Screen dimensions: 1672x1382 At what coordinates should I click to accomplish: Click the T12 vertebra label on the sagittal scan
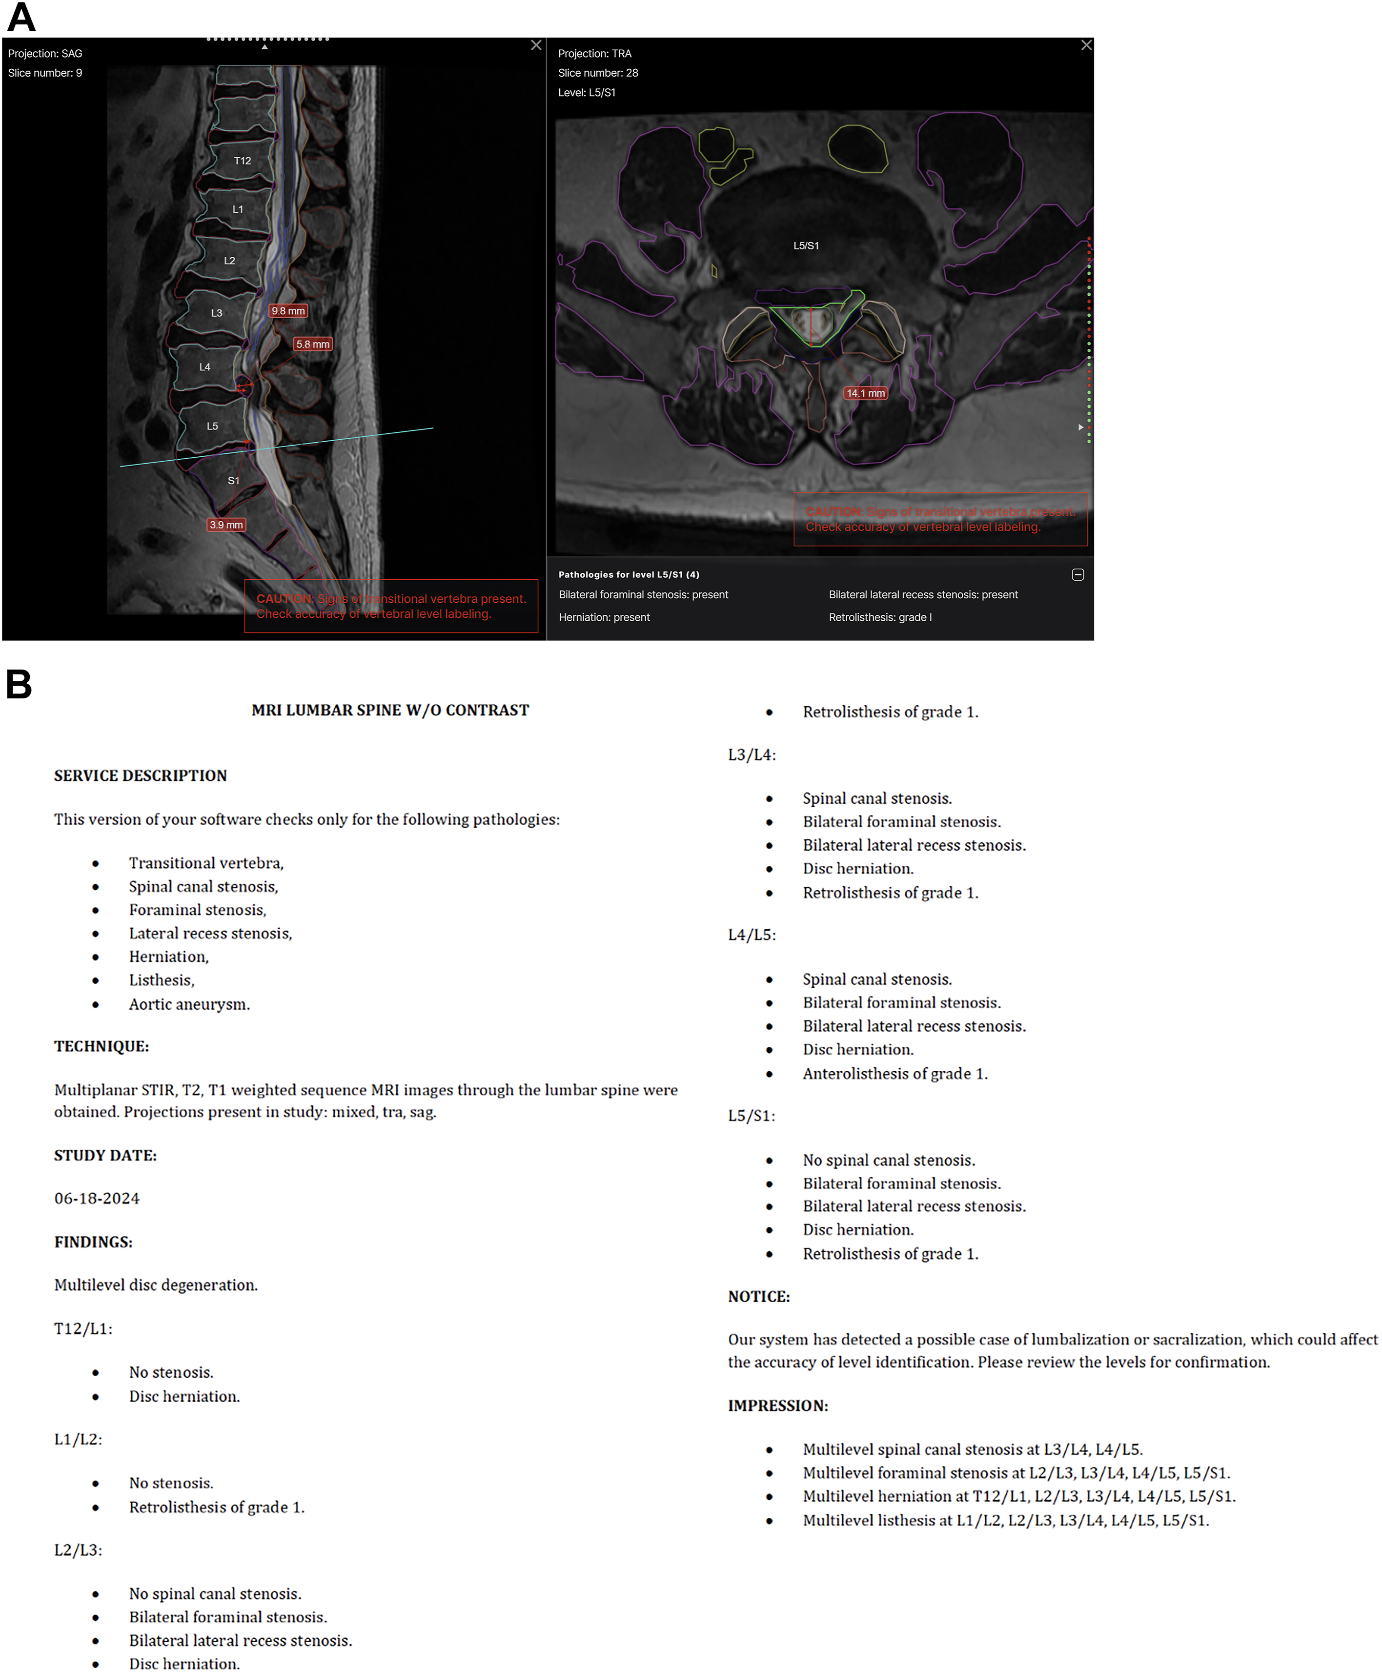coord(242,161)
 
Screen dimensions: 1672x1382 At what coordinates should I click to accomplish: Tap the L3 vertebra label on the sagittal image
coord(217,313)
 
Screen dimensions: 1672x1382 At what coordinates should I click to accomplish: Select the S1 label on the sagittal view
coord(233,481)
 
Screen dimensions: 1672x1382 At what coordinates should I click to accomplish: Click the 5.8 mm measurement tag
coord(313,345)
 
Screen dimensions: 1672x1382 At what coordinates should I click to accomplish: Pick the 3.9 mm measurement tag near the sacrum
coord(226,525)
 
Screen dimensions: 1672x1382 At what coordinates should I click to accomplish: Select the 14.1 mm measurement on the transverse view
coord(865,393)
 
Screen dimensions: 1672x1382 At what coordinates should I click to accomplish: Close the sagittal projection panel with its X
coord(536,45)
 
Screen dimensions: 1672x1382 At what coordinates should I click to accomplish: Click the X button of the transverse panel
coord(1086,45)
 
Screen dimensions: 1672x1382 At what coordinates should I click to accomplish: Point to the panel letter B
coord(19,685)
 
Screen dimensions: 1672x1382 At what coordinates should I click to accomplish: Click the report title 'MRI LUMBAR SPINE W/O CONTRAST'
coord(390,710)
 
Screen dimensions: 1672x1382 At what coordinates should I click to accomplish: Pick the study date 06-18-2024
coord(97,1198)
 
